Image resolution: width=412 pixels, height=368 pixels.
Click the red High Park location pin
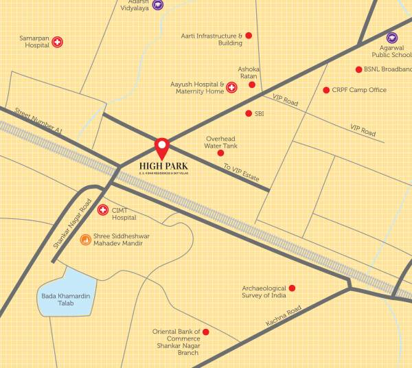pos(161,146)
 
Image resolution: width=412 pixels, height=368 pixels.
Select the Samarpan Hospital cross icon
pos(58,41)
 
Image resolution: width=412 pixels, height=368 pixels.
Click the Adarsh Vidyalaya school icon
pos(158,5)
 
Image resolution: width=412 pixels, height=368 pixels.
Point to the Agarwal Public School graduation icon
pos(391,38)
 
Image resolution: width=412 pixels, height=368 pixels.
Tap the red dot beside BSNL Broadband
pos(358,69)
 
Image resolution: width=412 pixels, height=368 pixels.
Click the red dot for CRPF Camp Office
pos(326,90)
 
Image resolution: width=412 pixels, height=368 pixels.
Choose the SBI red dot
pos(249,113)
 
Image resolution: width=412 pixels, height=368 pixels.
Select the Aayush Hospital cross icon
pos(231,87)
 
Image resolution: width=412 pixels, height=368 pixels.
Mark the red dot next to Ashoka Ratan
pos(252,84)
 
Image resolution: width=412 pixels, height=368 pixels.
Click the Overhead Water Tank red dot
pos(220,152)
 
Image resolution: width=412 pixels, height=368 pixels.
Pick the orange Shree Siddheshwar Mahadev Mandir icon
pos(85,240)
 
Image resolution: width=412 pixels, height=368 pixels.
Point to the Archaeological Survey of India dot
pos(292,288)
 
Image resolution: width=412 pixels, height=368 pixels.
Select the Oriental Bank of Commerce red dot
pos(206,332)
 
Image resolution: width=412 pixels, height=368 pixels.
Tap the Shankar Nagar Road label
pos(72,224)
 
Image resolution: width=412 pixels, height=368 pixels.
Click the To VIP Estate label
pos(241,172)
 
